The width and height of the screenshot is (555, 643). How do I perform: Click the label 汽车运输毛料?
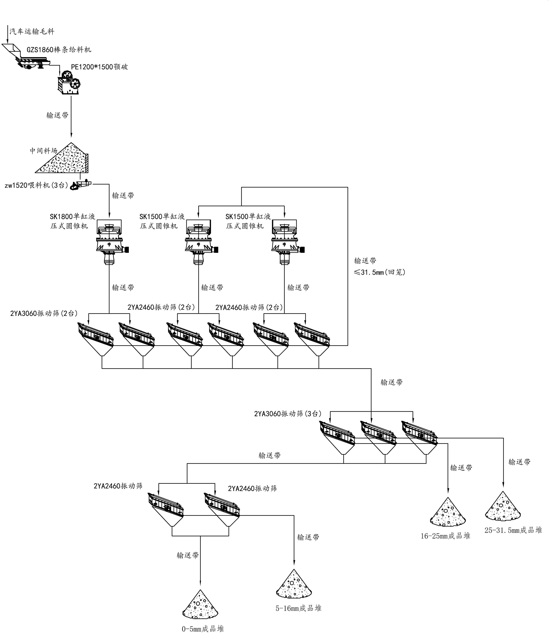32,31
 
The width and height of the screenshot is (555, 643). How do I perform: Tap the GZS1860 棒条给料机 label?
59,50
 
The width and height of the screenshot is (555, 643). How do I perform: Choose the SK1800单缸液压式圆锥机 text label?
72,221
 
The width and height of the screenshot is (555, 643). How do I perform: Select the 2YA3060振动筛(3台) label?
288,414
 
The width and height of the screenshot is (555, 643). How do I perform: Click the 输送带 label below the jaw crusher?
57,115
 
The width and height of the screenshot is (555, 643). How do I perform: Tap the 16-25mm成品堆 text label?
445,536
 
